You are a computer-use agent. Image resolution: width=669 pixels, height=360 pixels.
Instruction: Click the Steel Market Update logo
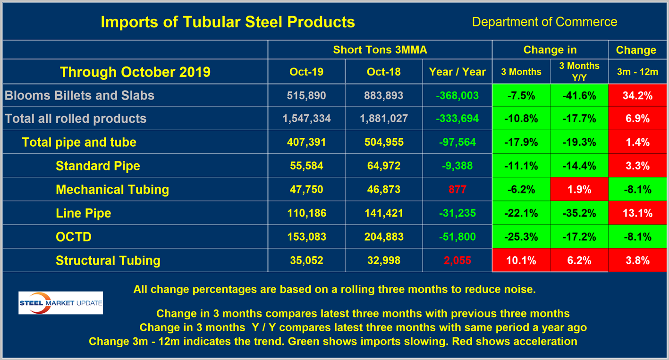tap(60, 303)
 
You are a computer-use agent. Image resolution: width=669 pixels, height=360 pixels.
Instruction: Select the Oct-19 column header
tap(306, 72)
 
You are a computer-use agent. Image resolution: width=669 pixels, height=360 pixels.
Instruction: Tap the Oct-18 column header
tap(384, 72)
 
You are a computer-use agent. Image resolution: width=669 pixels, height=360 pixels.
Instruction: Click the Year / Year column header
tap(457, 72)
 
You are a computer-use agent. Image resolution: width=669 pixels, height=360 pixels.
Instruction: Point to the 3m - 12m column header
tap(637, 72)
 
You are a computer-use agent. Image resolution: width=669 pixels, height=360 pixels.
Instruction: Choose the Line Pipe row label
tap(83, 213)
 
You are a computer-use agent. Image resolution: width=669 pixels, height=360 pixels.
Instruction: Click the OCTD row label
tap(73, 237)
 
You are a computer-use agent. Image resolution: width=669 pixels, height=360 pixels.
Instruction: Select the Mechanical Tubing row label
tap(112, 190)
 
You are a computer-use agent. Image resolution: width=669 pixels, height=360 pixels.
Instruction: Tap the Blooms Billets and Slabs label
tap(79, 95)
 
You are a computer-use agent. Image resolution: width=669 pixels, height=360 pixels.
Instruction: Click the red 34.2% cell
tap(637, 95)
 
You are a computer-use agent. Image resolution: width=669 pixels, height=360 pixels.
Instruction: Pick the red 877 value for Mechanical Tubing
tap(457, 190)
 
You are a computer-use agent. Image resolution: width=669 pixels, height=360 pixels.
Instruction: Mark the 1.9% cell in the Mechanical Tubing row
tap(579, 190)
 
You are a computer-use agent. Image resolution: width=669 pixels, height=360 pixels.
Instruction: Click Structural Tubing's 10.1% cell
tap(521, 260)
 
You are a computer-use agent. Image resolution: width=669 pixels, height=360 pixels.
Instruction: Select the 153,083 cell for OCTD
tap(306, 237)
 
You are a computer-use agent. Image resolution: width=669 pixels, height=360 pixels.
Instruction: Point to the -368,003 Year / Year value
tap(457, 95)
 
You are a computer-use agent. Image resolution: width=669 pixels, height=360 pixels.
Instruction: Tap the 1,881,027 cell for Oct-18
tap(384, 119)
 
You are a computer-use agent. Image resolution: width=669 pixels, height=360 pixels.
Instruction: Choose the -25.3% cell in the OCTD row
tap(521, 237)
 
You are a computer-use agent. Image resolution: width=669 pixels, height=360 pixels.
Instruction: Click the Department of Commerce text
tap(544, 22)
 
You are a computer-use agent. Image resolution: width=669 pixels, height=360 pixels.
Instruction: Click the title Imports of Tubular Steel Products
tap(228, 22)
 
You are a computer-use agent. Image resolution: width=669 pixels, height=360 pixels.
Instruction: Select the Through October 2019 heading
tap(135, 72)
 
